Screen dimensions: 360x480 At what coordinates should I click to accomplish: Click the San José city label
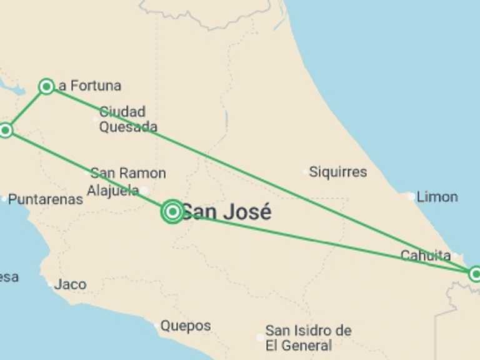coord(226,212)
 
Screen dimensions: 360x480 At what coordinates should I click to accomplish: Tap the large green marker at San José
coord(172,212)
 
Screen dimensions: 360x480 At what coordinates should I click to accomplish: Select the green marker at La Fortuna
coord(46,86)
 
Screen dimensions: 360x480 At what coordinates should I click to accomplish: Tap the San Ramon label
coord(128,173)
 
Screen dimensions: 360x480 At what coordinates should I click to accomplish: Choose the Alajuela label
coord(113,191)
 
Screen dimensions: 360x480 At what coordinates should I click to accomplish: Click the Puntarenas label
coord(46,200)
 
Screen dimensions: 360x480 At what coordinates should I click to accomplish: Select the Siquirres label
coord(338,171)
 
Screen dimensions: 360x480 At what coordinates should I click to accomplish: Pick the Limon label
coord(437,197)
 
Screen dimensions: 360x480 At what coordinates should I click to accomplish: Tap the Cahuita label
coord(426,255)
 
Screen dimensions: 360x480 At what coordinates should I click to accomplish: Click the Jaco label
coord(70,284)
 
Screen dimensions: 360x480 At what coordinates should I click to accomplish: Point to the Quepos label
coord(186,326)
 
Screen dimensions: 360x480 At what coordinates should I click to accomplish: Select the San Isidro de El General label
coord(308,337)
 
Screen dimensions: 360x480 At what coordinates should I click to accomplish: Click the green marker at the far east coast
coord(476,274)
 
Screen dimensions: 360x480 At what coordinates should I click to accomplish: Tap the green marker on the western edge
coord(6,130)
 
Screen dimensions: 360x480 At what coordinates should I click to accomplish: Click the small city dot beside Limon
coord(411,197)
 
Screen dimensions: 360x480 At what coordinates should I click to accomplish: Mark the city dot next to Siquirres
coord(305,171)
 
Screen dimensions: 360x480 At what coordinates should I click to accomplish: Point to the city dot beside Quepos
coord(156,325)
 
